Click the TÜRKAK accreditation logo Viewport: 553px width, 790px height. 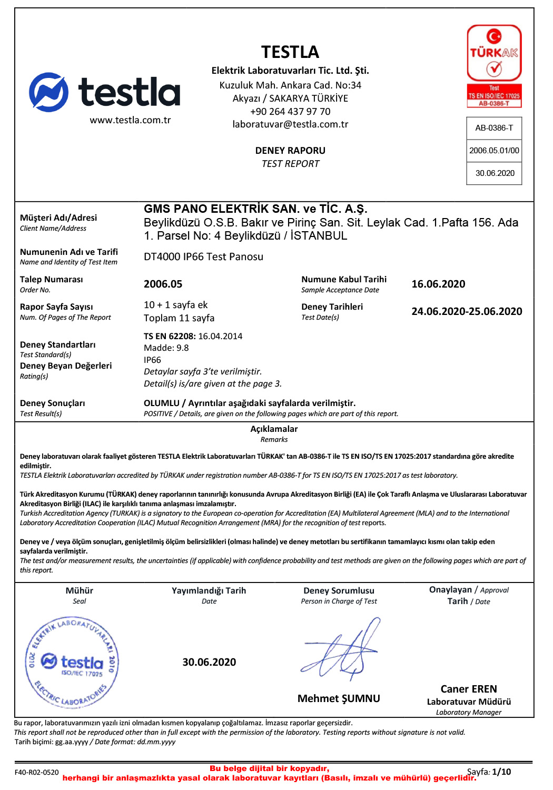coord(494,66)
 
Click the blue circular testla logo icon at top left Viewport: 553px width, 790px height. coord(48,92)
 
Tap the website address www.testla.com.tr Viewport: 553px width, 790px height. coord(130,120)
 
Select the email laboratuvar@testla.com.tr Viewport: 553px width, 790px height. coord(290,124)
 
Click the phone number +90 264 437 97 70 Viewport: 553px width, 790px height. coord(290,112)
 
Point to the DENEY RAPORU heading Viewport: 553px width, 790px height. coord(290,151)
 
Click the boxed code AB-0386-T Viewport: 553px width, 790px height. coord(494,128)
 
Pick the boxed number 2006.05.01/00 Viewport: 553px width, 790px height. coord(494,151)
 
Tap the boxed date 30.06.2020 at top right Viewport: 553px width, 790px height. coord(495,173)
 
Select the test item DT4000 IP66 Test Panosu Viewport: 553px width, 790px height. coord(203,257)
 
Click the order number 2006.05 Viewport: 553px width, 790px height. coord(163,284)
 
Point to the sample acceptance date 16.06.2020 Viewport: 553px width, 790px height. coord(438,284)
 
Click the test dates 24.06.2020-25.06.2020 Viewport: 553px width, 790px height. coord(467,312)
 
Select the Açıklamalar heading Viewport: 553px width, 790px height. coord(274,429)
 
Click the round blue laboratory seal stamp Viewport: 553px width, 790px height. coord(73,661)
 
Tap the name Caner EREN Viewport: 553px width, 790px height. coord(469,689)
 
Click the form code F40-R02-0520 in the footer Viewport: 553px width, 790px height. coord(37,773)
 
